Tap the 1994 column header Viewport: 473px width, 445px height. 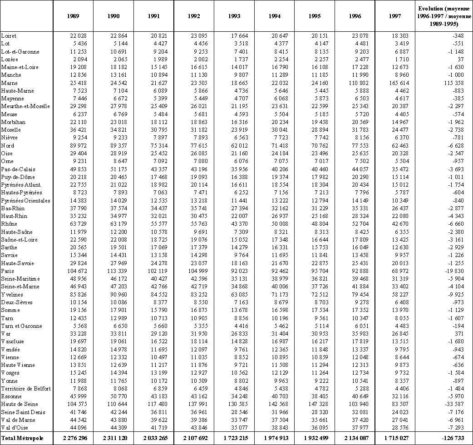(x=274, y=16)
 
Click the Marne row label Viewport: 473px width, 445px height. (x=10, y=83)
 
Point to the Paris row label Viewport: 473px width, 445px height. (x=8, y=271)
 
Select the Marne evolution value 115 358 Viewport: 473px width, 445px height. (x=454, y=83)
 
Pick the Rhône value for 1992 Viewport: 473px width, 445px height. (x=190, y=224)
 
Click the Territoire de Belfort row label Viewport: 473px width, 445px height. (x=26, y=388)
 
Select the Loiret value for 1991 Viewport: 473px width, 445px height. (x=150, y=35)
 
